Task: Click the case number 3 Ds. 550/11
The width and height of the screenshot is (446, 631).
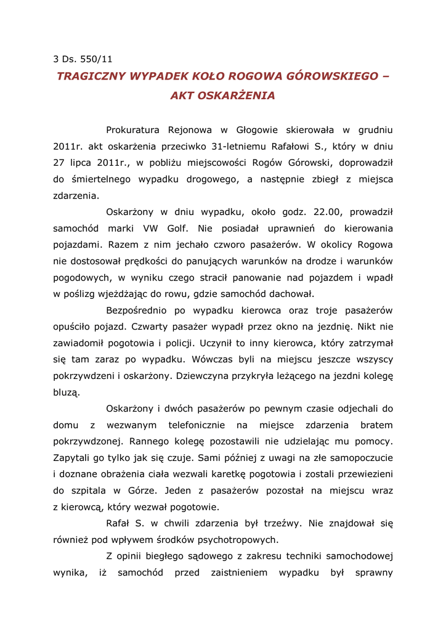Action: pyautogui.click(x=83, y=60)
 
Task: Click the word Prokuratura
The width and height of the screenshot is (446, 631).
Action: pyautogui.click(x=132, y=130)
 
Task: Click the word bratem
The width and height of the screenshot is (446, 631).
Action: pyautogui.click(x=376, y=425)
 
